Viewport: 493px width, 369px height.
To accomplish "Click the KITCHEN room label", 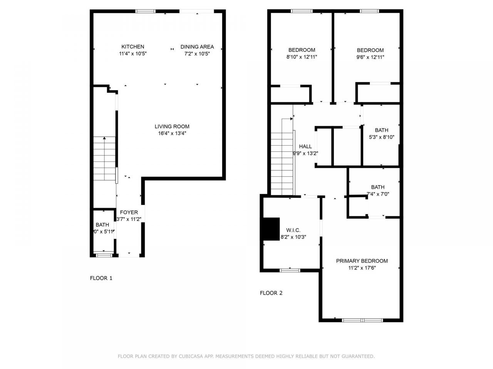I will click(x=133, y=47).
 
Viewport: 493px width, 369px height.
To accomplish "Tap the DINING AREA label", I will click(x=197, y=47).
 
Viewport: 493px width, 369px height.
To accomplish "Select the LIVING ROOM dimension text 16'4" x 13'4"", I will click(x=172, y=133).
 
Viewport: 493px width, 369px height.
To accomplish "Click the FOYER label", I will click(x=129, y=212).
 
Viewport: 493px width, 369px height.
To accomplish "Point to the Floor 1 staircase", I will click(x=104, y=158).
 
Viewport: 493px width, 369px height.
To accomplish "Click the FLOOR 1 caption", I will click(x=101, y=278).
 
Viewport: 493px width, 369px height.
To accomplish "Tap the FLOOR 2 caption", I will click(x=271, y=293).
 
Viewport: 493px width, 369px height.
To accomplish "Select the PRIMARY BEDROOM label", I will click(x=362, y=261).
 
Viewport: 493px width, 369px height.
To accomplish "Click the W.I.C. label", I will click(x=293, y=230).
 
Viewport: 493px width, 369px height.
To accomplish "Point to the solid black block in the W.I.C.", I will click(x=271, y=229).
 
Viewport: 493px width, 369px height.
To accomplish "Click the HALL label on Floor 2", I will click(x=305, y=146).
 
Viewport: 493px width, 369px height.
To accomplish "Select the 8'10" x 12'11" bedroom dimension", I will click(x=302, y=57).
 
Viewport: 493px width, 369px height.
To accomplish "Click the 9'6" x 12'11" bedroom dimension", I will click(x=370, y=57).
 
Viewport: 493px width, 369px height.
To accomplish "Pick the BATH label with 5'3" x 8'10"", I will click(x=381, y=130).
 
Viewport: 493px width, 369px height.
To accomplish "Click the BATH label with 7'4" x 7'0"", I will click(x=377, y=187).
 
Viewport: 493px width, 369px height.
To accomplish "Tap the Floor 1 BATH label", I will click(x=102, y=224).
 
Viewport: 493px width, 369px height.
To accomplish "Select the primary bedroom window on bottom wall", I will click(x=362, y=320).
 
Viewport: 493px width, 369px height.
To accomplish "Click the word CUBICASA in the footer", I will click(x=191, y=356).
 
